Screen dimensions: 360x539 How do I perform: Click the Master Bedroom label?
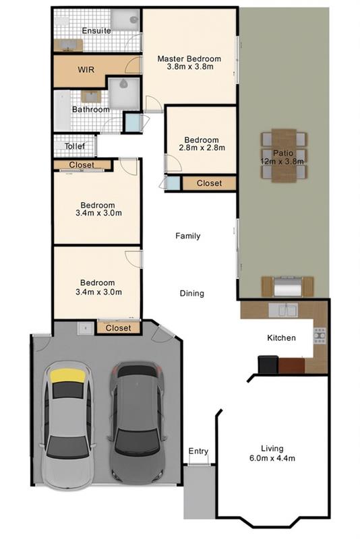(189, 59)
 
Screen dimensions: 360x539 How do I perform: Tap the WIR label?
(86, 70)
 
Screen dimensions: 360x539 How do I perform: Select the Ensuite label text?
(96, 30)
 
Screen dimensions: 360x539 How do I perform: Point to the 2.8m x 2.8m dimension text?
(202, 148)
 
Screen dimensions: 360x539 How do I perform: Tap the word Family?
(187, 236)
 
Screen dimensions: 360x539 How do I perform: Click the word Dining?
(192, 293)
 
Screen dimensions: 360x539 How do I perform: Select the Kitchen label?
(281, 338)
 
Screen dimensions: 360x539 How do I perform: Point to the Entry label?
(198, 451)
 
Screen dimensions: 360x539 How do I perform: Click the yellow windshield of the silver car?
(68, 376)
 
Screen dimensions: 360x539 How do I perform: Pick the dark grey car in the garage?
(136, 424)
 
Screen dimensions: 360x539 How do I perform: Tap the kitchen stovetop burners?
(320, 336)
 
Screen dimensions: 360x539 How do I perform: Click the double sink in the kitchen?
(282, 310)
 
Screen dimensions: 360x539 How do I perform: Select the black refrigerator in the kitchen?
(268, 364)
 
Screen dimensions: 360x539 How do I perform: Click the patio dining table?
(284, 155)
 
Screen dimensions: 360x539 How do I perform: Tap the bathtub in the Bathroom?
(62, 110)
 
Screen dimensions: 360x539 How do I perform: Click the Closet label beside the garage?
(118, 328)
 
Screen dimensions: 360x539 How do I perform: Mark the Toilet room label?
(75, 146)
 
